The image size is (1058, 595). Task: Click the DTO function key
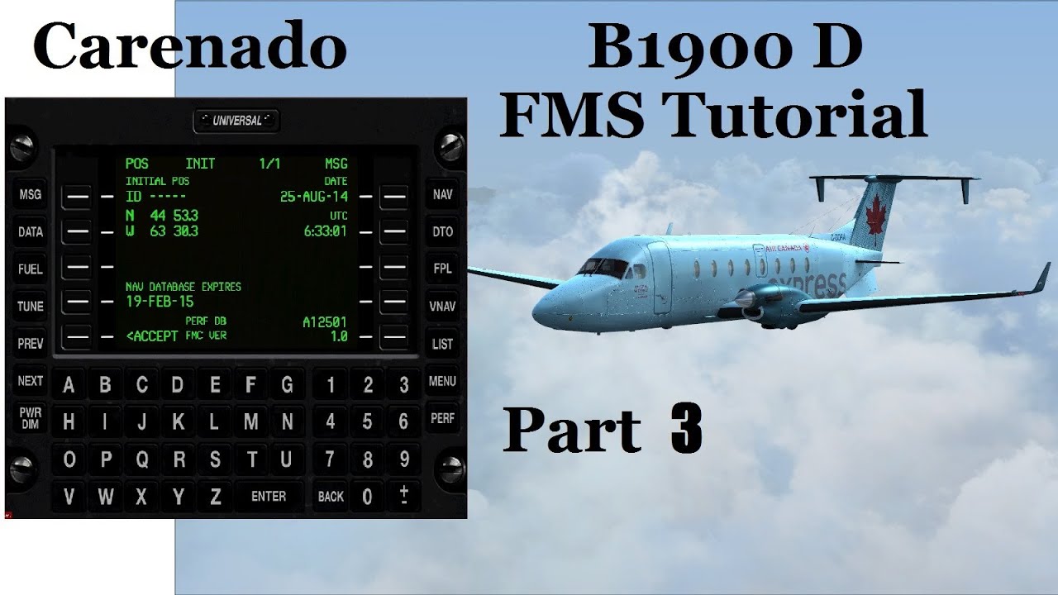click(443, 232)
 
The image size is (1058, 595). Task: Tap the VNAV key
click(443, 306)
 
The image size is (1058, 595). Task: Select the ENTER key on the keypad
click(269, 496)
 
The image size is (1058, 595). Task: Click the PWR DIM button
click(31, 419)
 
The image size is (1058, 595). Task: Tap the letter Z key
click(215, 496)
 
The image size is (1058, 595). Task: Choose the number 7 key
click(331, 459)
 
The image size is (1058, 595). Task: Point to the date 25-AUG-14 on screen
click(314, 197)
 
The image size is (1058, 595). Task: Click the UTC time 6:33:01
click(326, 231)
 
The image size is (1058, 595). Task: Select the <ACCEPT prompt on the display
click(152, 336)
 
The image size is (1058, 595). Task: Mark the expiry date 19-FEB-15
click(160, 302)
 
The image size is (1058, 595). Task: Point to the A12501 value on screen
click(326, 321)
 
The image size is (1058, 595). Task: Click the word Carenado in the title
click(189, 47)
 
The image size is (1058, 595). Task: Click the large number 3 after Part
click(687, 431)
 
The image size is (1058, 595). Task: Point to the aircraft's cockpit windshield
click(602, 267)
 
